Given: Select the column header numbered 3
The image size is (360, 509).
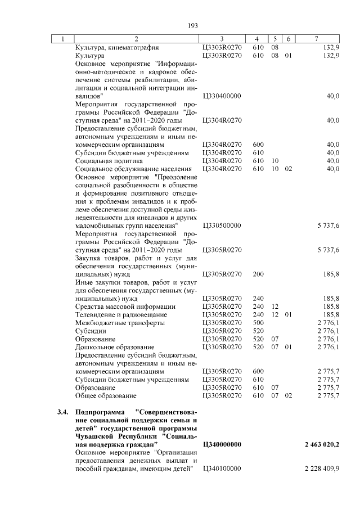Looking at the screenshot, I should tap(222, 39).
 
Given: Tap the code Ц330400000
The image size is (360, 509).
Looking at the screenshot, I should tap(221, 96).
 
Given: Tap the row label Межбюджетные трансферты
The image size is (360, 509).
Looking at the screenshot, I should tap(120, 323).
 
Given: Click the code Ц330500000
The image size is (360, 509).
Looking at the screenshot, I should tap(221, 226).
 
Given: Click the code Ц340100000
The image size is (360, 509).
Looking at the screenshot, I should tap(221, 469).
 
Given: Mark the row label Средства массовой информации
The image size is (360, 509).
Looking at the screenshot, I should tap(125, 307).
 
